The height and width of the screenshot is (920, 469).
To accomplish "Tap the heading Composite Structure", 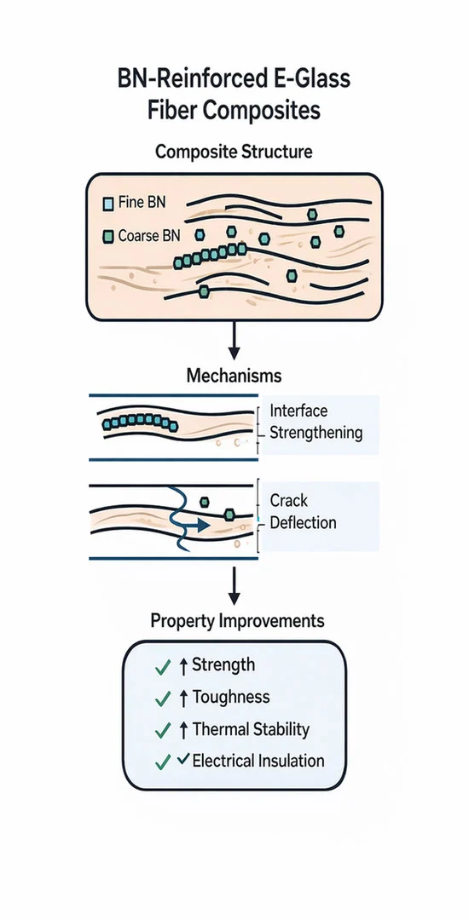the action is tap(234, 152).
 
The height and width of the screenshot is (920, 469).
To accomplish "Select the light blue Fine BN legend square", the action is tap(108, 204).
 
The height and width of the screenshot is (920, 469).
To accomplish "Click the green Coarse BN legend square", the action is tap(108, 237).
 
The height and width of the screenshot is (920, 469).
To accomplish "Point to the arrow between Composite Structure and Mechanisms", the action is tap(234, 340).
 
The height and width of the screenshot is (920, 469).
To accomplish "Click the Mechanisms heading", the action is tap(234, 376).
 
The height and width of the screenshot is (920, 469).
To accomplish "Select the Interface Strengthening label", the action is tap(316, 422).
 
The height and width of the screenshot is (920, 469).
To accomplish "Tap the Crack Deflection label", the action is tap(303, 511).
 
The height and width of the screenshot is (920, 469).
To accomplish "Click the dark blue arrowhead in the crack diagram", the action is tap(202, 525).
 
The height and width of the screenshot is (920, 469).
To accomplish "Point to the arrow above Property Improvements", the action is tap(234, 585).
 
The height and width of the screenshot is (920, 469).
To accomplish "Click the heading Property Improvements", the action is tap(237, 621).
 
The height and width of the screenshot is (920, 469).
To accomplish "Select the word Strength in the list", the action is tap(223, 665).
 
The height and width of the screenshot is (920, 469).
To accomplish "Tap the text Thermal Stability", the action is tap(251, 729).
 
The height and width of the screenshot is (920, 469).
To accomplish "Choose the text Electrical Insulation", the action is tap(258, 761).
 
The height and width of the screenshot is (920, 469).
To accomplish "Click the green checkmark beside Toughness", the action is tap(162, 699).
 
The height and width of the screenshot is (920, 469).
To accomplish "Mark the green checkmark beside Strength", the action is tap(162, 667).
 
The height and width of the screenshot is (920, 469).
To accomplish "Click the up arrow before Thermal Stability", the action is tap(182, 730).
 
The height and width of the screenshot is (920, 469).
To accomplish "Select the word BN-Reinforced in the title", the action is tap(186, 78).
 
